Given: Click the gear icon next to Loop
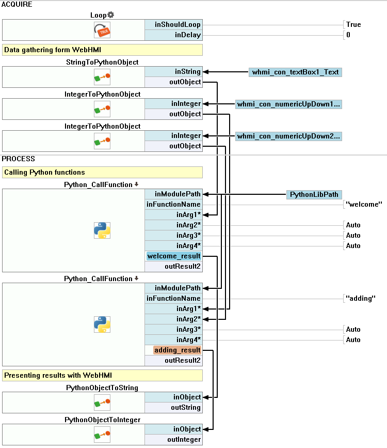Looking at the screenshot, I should coord(110,15).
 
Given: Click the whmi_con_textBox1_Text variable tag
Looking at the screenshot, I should coord(295,72).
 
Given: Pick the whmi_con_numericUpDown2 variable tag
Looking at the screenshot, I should coord(288,136).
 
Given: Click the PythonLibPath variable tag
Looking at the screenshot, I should coord(314,194).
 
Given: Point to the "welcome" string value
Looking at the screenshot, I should coord(364,205).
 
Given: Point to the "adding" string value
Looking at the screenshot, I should coord(361,299).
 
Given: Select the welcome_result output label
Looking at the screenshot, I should coord(173,256).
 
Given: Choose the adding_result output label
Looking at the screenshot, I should coord(177,350).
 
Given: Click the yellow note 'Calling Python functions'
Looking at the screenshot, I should coord(102,172).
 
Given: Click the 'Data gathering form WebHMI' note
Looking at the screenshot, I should coord(102,50).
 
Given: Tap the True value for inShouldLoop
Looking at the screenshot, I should coord(353,25).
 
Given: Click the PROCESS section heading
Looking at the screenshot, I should coord(19,159).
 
